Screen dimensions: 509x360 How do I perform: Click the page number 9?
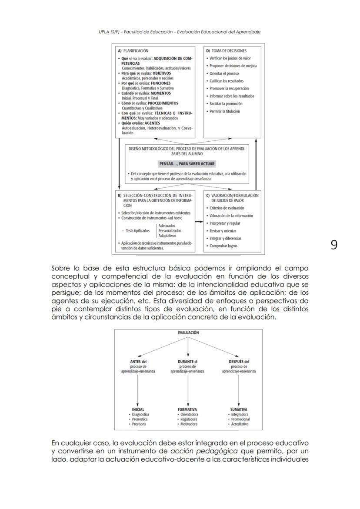pyautogui.click(x=333, y=245)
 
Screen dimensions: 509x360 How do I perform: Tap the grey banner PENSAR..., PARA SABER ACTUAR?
pyautogui.click(x=187, y=164)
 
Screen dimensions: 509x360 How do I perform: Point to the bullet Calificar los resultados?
pyautogui.click(x=227, y=81)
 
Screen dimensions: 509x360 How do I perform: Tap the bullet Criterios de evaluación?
pyautogui.click(x=227, y=208)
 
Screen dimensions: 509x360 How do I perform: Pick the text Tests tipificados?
pyautogui.click(x=138, y=231)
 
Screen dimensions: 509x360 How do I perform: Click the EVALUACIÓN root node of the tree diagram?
pyautogui.click(x=188, y=333)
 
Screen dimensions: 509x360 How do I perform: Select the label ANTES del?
pyautogui.click(x=138, y=361)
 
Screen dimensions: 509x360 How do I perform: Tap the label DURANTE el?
pyautogui.click(x=188, y=361)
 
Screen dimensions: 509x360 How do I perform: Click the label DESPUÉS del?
pyautogui.click(x=239, y=361)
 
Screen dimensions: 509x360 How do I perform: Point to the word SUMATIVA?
pyautogui.click(x=239, y=409)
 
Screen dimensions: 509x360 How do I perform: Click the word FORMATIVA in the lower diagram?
pyautogui.click(x=187, y=409)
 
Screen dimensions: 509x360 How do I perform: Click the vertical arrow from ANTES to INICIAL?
pyautogui.click(x=138, y=389)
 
